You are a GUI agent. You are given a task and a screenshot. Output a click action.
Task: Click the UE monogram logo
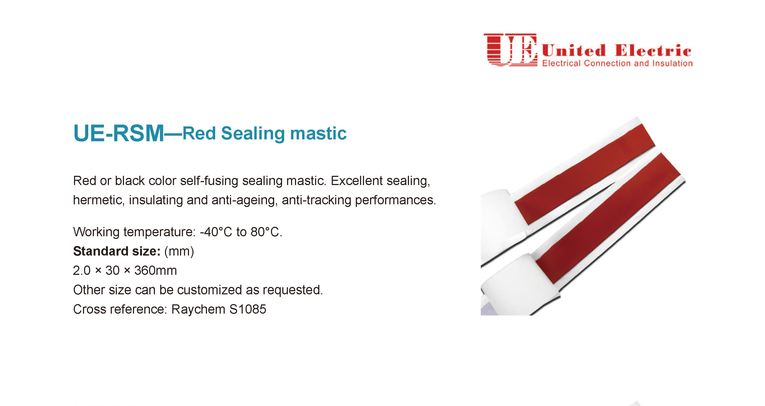[x=510, y=50]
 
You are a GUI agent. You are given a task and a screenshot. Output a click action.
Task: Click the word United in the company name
[x=573, y=50]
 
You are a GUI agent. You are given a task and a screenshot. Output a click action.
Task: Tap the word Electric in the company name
[x=653, y=50]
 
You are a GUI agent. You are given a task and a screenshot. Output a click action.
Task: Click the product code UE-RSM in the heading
[x=118, y=133]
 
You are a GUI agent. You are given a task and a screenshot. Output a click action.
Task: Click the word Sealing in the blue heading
[x=253, y=134]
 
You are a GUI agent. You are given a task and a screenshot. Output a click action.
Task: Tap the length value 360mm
[x=155, y=271]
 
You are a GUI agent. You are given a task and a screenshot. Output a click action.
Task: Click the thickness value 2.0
[x=82, y=271]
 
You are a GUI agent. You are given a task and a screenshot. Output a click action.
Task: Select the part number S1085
[x=248, y=309]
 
